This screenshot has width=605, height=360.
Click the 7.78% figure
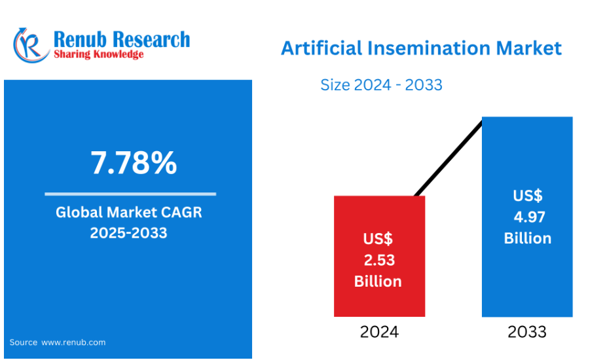(134, 163)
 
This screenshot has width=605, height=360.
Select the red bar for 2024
(379, 256)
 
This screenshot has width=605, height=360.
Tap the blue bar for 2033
(527, 217)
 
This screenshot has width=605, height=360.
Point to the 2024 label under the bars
(379, 332)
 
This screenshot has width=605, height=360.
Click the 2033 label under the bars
(527, 332)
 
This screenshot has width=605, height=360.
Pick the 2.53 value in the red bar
(379, 261)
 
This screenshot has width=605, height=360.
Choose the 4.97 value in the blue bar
(529, 217)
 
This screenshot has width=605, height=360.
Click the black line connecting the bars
(449, 158)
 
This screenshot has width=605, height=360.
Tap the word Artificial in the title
(321, 48)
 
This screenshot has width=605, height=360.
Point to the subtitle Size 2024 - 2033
(381, 85)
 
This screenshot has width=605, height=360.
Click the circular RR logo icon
(31, 46)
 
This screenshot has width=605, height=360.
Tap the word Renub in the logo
(80, 39)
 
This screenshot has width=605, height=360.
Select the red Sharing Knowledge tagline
(98, 54)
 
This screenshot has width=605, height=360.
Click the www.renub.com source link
(73, 342)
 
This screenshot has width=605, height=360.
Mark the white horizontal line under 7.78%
(130, 194)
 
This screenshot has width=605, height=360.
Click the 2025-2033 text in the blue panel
(128, 232)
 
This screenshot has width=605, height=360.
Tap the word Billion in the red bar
(378, 281)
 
